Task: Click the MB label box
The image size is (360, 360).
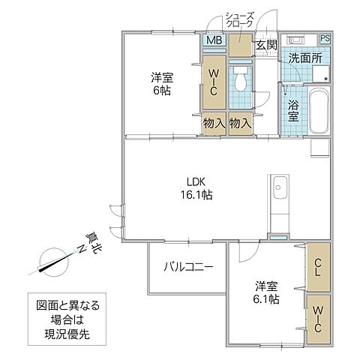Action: pos(213,41)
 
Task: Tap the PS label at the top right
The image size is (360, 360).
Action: pos(325,39)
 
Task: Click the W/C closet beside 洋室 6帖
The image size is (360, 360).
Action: pos(213,83)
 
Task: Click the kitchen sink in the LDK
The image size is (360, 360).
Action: pos(280,187)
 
